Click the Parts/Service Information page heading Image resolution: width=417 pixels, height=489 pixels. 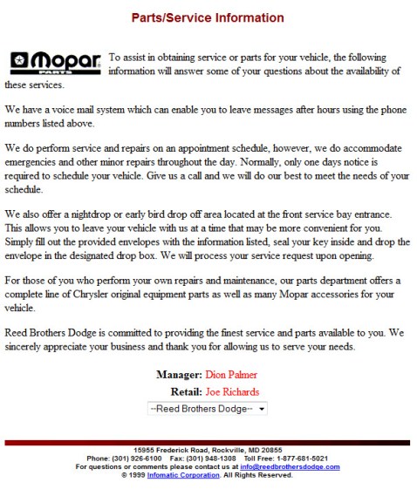[208, 17]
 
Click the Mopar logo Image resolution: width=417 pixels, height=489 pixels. [54, 61]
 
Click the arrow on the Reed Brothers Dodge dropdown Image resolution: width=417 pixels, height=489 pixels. [263, 408]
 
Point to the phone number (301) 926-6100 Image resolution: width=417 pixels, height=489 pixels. [135, 458]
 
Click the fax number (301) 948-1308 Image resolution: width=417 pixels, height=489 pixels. [211, 458]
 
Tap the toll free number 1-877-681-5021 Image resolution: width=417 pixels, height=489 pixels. [299, 458]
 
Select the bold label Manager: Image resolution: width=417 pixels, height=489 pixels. [178, 375]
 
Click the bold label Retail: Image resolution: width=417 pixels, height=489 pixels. [186, 391]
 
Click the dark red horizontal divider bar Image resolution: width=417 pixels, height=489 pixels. [208, 443]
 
